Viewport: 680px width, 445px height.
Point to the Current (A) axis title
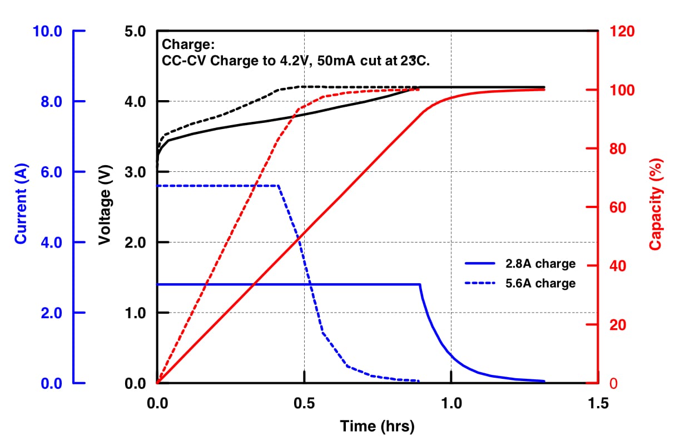tap(21, 207)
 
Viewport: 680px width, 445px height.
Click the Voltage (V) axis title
tap(105, 207)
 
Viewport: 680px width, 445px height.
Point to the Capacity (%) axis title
tap(657, 207)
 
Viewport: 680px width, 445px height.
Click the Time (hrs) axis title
tap(377, 427)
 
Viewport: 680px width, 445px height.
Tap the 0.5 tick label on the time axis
tap(304, 402)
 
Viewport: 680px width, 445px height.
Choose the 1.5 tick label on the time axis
tap(598, 402)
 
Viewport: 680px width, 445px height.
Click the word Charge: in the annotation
tap(188, 45)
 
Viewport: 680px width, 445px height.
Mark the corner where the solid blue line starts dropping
tap(420, 284)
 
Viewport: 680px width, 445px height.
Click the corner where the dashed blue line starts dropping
tap(278, 185)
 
